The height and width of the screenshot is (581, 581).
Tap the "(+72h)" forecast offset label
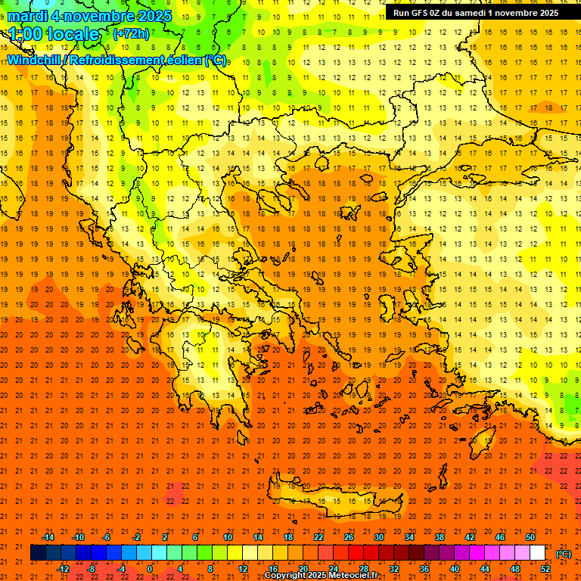(x=130, y=34)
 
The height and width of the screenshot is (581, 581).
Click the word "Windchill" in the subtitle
(x=35, y=61)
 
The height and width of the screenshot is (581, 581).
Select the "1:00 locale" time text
(x=54, y=34)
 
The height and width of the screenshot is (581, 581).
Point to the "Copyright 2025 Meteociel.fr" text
(x=321, y=576)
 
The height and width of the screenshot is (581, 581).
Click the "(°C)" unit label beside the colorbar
(x=564, y=554)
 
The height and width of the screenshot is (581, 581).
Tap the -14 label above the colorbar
(x=48, y=536)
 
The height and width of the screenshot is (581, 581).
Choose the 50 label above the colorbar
(x=530, y=536)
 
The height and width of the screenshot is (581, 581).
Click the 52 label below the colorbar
(x=545, y=569)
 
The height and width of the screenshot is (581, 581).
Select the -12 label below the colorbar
(x=63, y=569)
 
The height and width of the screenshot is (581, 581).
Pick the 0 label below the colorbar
(x=150, y=569)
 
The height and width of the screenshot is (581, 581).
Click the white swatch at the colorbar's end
(x=538, y=553)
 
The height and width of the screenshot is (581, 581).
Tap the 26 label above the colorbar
(x=349, y=536)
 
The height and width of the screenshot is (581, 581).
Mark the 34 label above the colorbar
(x=409, y=536)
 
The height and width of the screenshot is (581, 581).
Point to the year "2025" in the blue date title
(x=150, y=16)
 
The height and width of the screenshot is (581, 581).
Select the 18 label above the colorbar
(x=288, y=536)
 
